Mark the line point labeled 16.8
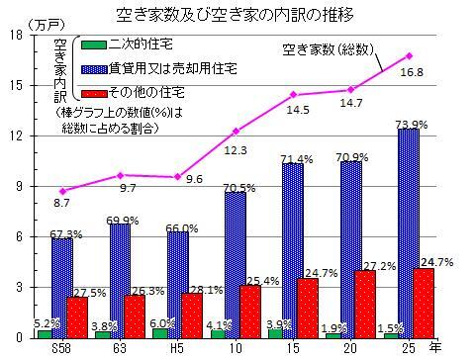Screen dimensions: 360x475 (x=409, y=54)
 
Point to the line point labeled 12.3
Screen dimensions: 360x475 (x=236, y=131)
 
